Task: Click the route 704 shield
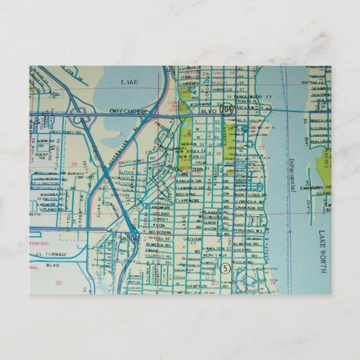point(225,109)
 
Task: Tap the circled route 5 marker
point(226,268)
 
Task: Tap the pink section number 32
point(58,283)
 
